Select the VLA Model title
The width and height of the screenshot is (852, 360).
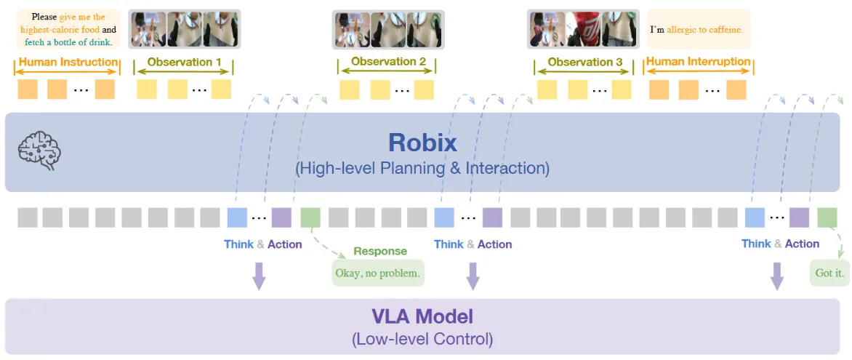click(x=422, y=316)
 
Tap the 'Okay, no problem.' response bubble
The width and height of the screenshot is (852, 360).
click(x=378, y=273)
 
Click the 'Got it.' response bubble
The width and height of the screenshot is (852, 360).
click(x=829, y=273)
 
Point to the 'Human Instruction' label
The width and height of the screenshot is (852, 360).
click(x=68, y=63)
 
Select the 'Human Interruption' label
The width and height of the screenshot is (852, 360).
click(x=698, y=62)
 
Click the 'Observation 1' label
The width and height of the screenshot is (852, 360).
click(x=184, y=63)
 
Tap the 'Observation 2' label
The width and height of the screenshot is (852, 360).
click(x=388, y=62)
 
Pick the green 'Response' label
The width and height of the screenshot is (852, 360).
click(x=380, y=251)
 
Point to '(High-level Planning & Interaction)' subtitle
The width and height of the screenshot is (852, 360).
click(x=422, y=169)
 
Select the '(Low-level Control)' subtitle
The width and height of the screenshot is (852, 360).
click(x=422, y=338)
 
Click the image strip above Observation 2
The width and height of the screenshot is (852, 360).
click(x=388, y=29)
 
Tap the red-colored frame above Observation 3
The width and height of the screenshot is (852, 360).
click(x=586, y=29)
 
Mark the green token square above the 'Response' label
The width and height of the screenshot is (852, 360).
click(x=310, y=217)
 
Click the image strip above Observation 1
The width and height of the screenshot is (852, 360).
click(x=185, y=29)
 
